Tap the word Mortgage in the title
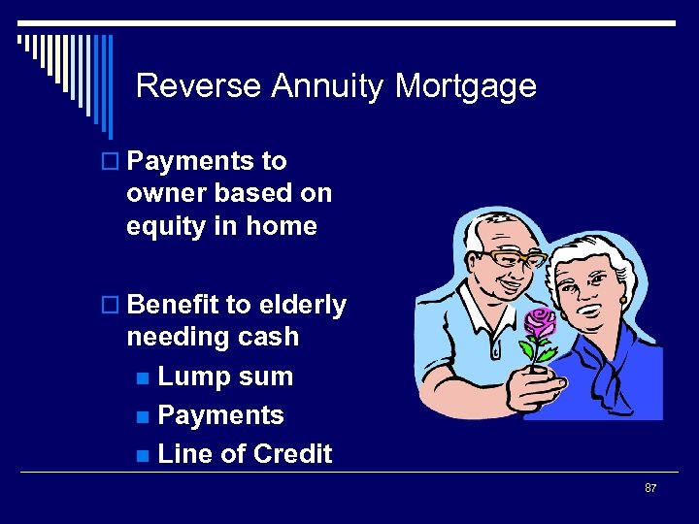pos(465,87)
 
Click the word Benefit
pos(173,305)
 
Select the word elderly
pos(302,305)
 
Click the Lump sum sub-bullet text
pos(224,377)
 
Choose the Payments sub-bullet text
pos(220,415)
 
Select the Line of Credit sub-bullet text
pos(245,454)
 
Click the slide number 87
pos(650,487)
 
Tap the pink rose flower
pos(539,322)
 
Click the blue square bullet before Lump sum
pos(143,377)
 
